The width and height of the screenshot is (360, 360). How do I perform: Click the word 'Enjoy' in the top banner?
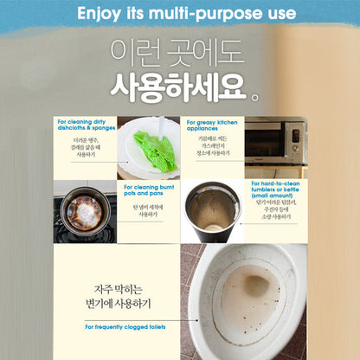pos(98,14)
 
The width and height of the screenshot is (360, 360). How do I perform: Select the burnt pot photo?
pos(85,210)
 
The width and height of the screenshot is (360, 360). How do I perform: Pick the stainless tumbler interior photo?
pos(215,212)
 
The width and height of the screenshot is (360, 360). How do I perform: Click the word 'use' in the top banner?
pos(276,14)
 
